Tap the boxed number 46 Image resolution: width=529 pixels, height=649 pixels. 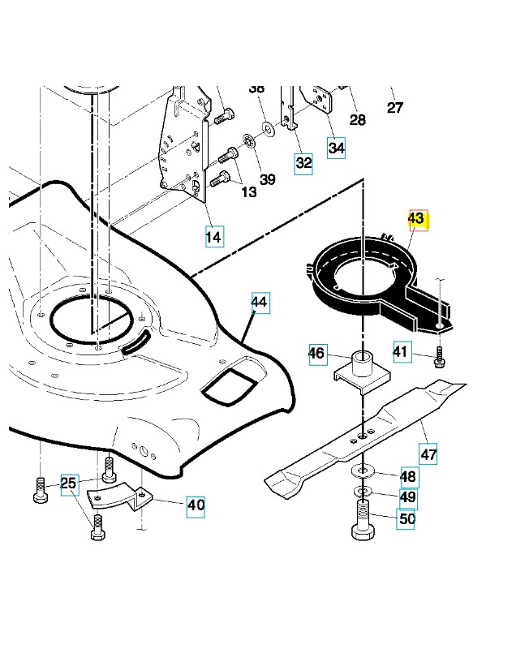[318, 354]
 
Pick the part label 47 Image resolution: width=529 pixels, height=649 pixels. [428, 454]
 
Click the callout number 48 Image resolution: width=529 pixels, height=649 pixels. [409, 476]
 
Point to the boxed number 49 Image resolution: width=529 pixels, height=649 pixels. [408, 497]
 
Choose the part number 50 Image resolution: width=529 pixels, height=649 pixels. [406, 518]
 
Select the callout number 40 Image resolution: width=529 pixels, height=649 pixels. [196, 505]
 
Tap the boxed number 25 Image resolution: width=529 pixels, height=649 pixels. [69, 484]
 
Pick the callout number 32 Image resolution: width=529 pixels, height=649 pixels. [303, 164]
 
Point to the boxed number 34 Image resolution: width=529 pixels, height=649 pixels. [336, 148]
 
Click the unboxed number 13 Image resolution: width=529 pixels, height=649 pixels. [249, 192]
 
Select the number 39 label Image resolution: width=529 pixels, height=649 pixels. [268, 179]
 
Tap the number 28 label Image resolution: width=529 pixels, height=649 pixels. [358, 120]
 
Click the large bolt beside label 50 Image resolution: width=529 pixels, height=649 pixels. [363, 520]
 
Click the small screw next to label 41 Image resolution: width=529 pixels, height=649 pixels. [439, 357]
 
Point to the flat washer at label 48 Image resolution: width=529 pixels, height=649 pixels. [363, 471]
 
